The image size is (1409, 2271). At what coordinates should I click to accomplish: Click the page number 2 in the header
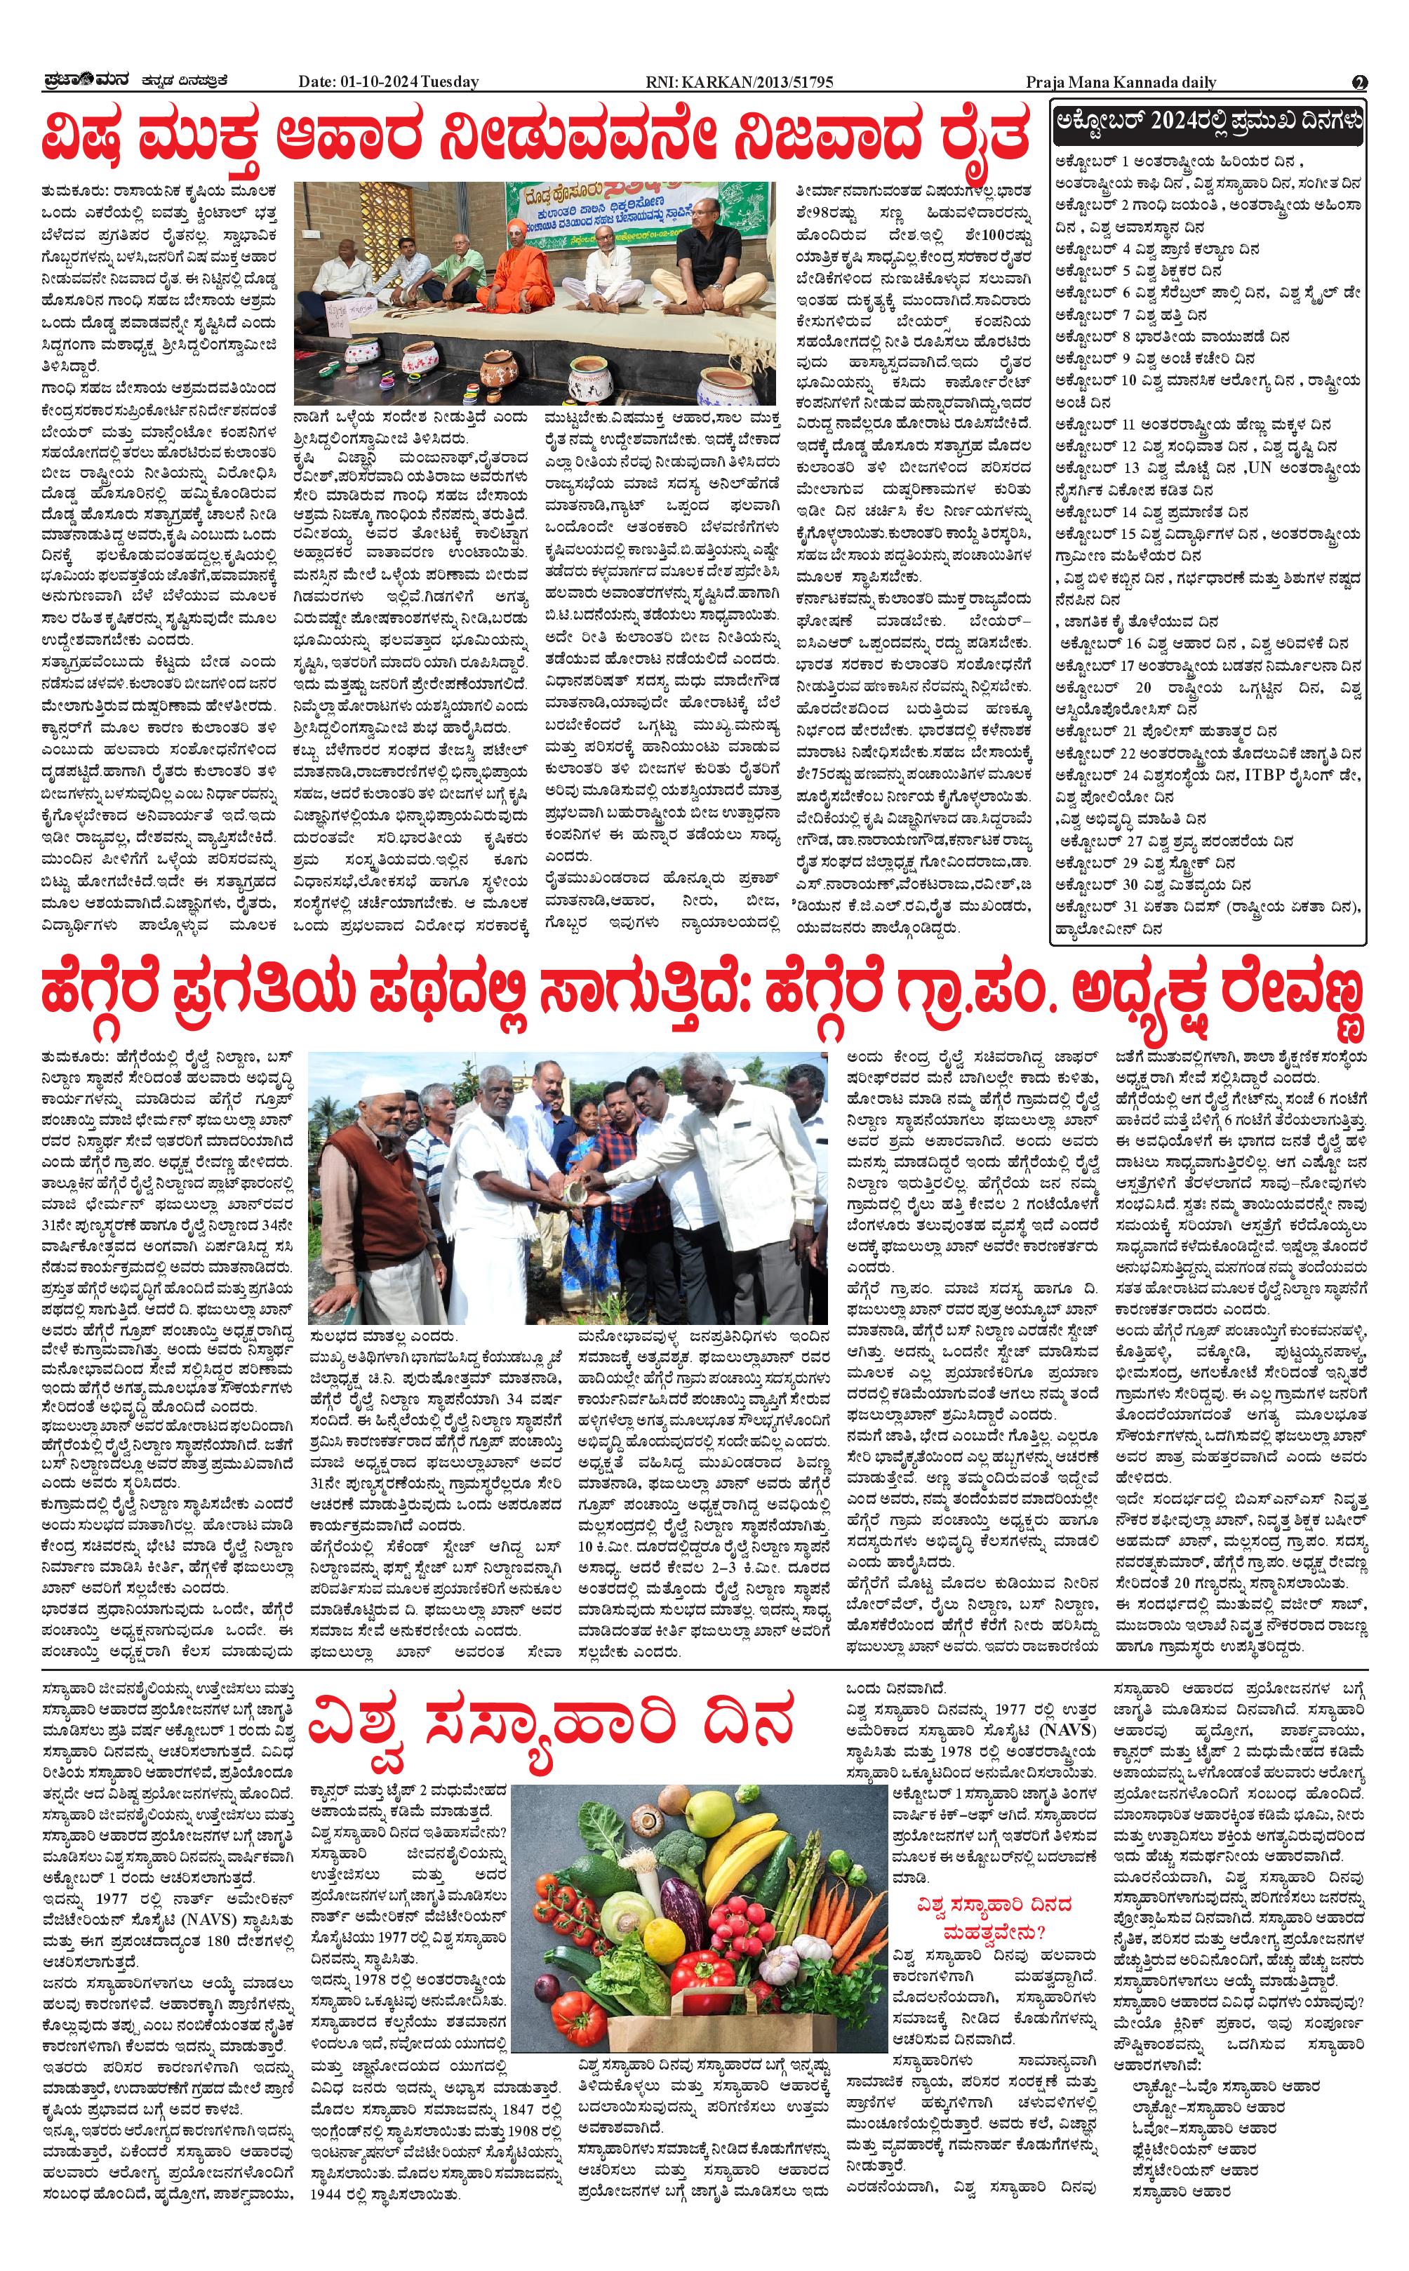(x=1360, y=82)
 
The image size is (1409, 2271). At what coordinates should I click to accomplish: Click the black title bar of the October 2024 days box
(x=1208, y=121)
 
